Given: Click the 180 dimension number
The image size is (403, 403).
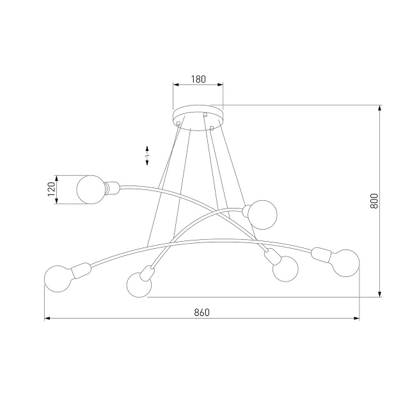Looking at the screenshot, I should (x=198, y=80).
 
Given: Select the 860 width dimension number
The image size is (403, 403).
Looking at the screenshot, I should (x=201, y=313).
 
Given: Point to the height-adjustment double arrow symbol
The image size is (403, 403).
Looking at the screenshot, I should (x=148, y=155).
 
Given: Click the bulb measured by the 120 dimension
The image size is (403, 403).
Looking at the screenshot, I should (x=91, y=189).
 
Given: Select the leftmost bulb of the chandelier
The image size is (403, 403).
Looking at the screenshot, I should (x=59, y=278).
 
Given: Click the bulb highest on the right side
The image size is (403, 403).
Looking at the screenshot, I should (x=262, y=214).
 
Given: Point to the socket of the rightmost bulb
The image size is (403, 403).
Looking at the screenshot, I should (x=320, y=256).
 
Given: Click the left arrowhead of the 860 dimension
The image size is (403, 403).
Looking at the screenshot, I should (x=47, y=318).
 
